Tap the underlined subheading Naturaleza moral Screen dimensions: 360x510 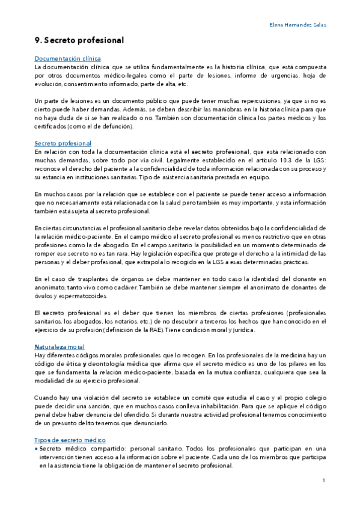click(59, 347)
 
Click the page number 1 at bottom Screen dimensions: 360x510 click(323, 480)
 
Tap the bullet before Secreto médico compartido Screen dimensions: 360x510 click(36, 449)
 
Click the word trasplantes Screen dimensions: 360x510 click(85, 279)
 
